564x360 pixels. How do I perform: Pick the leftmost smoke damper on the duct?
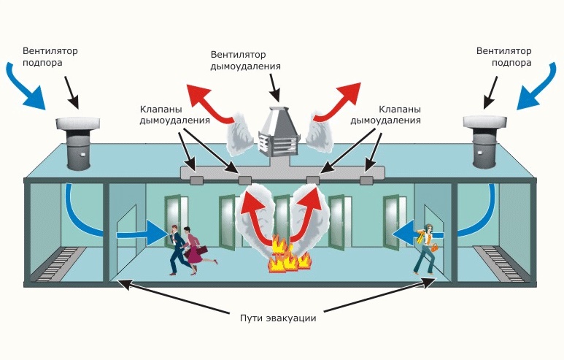(196, 180)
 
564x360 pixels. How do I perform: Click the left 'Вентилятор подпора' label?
(50, 57)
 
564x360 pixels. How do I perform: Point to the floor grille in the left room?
(58, 262)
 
